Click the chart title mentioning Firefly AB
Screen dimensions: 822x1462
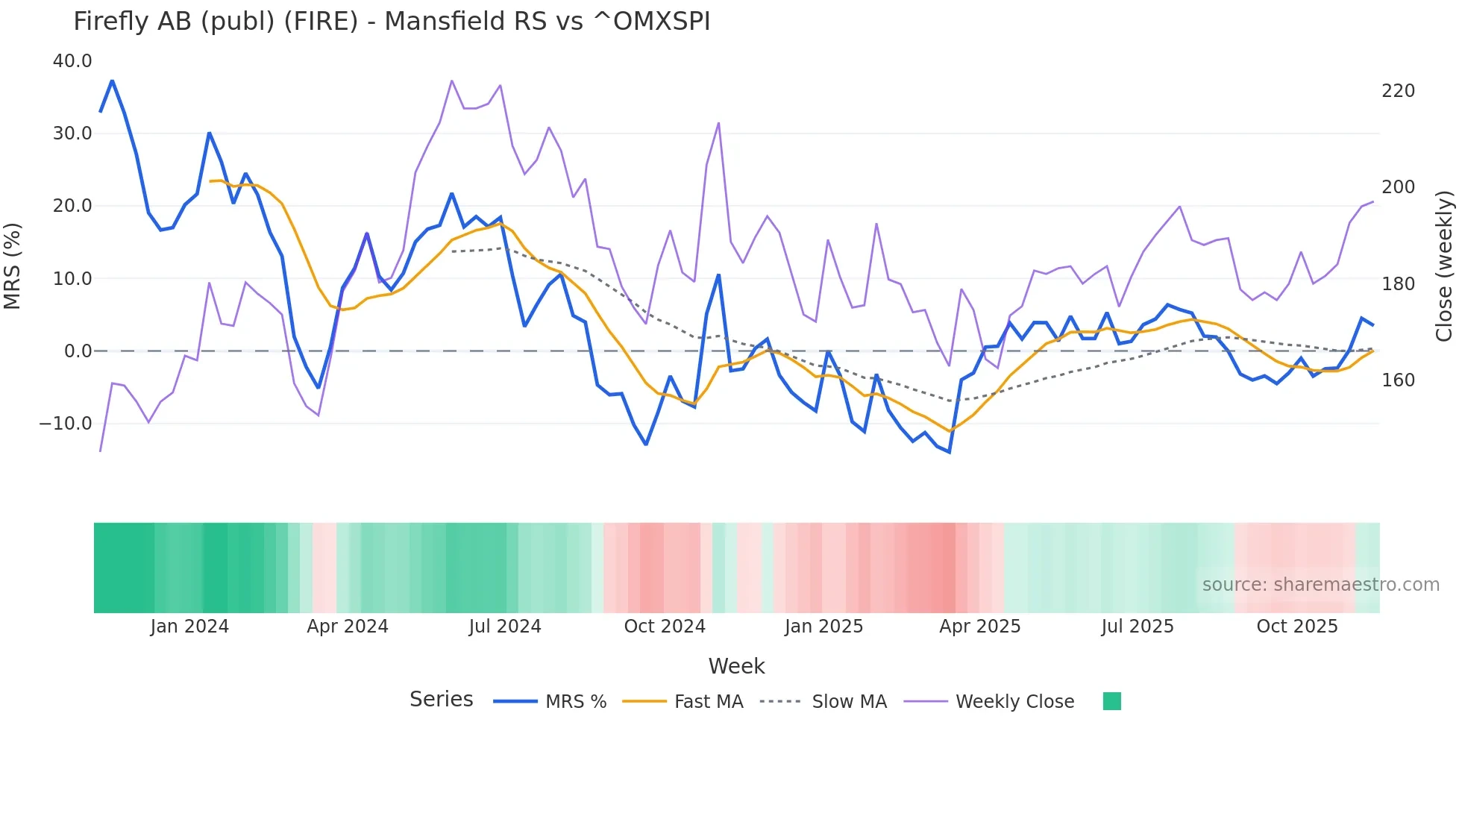[x=392, y=21]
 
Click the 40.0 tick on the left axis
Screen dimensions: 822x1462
[x=72, y=61]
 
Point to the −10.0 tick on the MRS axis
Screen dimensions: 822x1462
[x=66, y=424]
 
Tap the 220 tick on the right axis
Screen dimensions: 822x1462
[x=1398, y=91]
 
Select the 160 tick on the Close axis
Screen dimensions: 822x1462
[x=1398, y=380]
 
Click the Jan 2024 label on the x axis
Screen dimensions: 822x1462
[x=189, y=627]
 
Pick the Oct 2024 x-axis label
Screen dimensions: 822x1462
[x=665, y=627]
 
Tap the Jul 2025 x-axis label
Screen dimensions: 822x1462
[x=1138, y=627]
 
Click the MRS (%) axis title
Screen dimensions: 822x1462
[x=13, y=266]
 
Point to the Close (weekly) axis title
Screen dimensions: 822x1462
[x=1445, y=266]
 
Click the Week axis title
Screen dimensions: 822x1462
[x=736, y=666]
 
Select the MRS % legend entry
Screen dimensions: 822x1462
[x=575, y=702]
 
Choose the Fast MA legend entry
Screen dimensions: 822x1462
[x=708, y=702]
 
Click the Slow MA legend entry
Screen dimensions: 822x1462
[x=849, y=702]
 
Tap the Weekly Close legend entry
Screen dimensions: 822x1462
[x=1014, y=702]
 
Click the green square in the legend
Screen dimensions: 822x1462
[x=1111, y=701]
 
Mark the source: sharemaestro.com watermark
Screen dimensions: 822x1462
[x=1320, y=585]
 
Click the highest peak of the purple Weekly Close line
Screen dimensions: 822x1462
[x=452, y=81]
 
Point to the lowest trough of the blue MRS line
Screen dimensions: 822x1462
[x=950, y=452]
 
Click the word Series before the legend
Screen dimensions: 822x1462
[x=441, y=700]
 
